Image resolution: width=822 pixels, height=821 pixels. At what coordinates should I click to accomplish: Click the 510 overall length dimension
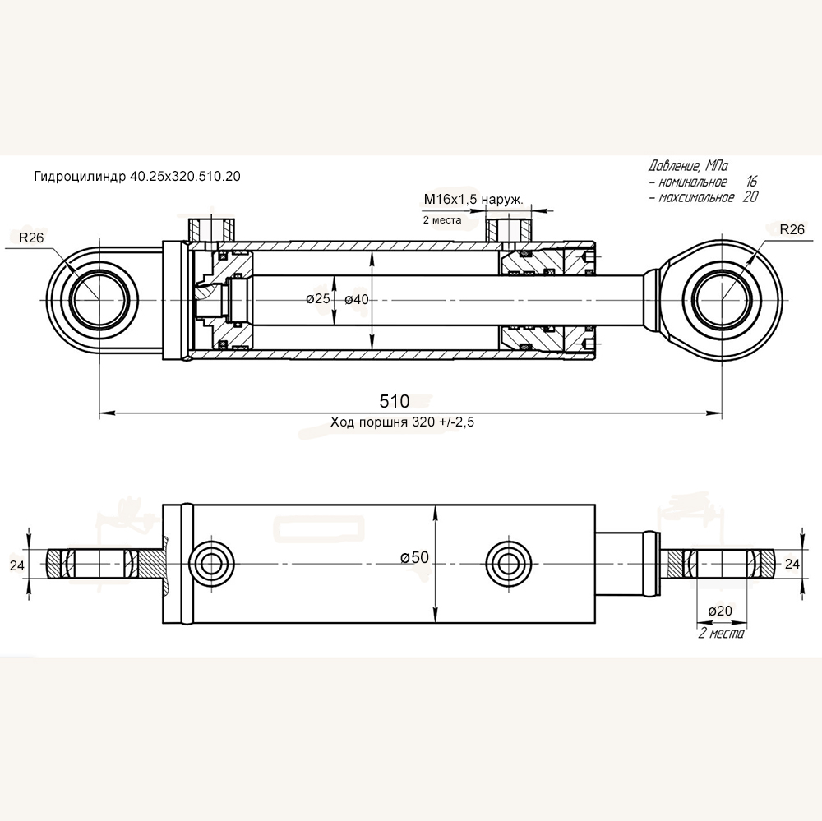(x=394, y=402)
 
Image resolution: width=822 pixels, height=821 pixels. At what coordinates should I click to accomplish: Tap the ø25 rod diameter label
(x=317, y=299)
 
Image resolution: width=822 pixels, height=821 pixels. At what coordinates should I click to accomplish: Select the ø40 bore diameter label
(x=356, y=299)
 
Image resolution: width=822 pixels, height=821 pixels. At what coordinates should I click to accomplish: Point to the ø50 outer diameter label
(x=415, y=557)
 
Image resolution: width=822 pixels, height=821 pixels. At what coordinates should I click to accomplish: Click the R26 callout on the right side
(x=792, y=230)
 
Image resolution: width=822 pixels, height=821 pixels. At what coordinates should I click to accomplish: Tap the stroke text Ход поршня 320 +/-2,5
(x=403, y=422)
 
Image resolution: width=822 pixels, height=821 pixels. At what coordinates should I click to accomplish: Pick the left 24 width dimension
(x=16, y=565)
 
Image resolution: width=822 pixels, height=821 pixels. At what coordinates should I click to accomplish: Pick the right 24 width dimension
(x=792, y=564)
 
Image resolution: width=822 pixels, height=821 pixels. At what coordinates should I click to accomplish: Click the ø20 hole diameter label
(x=719, y=611)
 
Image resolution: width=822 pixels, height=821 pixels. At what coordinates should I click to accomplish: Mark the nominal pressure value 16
(x=751, y=182)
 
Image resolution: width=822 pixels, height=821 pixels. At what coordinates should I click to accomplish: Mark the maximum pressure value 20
(x=749, y=197)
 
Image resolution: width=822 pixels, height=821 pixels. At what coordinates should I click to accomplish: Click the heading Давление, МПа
(x=688, y=164)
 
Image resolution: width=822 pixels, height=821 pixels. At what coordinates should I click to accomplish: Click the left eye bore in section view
(x=99, y=300)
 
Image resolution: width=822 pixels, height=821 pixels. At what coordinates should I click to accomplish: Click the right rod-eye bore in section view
(x=721, y=300)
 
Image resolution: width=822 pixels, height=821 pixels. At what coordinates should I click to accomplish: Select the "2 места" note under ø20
(x=720, y=634)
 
